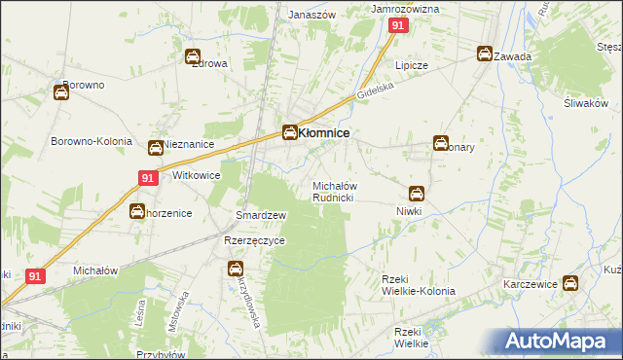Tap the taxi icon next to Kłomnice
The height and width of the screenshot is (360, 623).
pyautogui.click(x=290, y=133)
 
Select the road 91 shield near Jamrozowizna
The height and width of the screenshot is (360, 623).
pyautogui.click(x=397, y=27)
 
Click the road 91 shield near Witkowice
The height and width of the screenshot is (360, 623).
pyautogui.click(x=147, y=178)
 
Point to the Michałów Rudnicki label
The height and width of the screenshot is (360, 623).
pyautogui.click(x=339, y=191)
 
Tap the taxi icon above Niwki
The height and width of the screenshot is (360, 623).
pyautogui.click(x=417, y=193)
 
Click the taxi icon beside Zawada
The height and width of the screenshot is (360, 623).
pyautogui.click(x=485, y=54)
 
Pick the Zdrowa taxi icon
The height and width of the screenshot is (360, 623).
pyautogui.click(x=193, y=56)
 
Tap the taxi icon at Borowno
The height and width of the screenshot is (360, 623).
pyautogui.click(x=61, y=93)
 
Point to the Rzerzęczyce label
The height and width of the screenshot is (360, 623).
pyautogui.click(x=254, y=241)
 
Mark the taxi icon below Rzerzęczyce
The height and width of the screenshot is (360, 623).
pyautogui.click(x=235, y=268)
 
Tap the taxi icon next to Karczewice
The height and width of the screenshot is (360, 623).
pyautogui.click(x=571, y=283)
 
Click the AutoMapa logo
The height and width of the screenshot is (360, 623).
pyautogui.click(x=562, y=342)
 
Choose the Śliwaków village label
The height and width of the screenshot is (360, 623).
pyautogui.click(x=585, y=104)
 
